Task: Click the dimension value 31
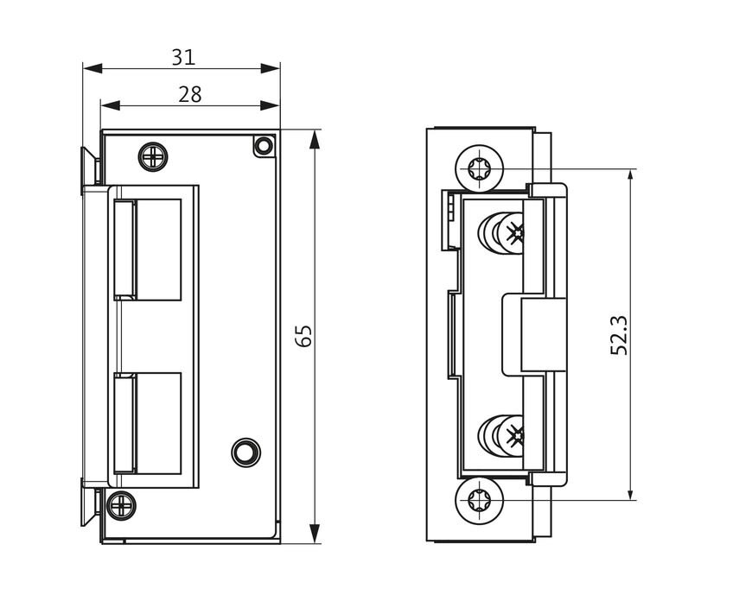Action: click(x=182, y=57)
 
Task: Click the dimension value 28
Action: click(x=189, y=94)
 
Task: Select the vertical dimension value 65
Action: click(x=303, y=336)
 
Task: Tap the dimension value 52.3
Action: click(x=619, y=334)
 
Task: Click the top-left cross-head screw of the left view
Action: click(x=152, y=156)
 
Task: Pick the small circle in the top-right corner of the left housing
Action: click(x=263, y=146)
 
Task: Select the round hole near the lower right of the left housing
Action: click(x=245, y=450)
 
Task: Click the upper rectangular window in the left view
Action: click(x=149, y=250)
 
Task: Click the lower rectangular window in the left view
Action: click(x=149, y=423)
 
